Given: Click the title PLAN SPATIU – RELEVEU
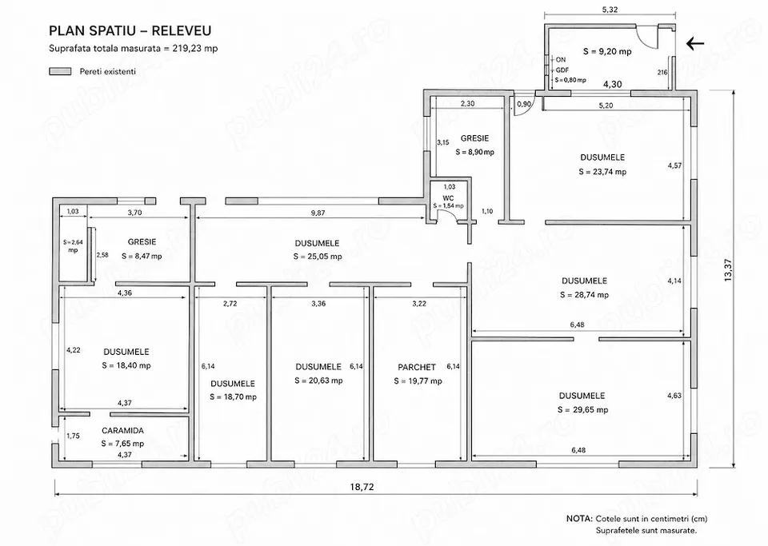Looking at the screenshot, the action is tap(130, 31).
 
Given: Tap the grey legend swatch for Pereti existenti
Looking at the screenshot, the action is tap(60, 71).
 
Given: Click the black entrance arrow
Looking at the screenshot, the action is tap(695, 44).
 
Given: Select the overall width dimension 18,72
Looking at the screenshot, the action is tap(362, 487).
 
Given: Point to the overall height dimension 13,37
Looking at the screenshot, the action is tap(728, 269).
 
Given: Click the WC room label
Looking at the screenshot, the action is tap(448, 198).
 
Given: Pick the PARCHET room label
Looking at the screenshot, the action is tap(417, 367).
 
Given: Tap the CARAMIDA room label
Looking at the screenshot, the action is tap(123, 431).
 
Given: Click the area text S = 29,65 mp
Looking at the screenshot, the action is tap(583, 410).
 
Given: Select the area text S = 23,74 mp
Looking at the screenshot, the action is tap(602, 172).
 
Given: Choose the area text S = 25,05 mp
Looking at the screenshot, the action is tap(318, 257).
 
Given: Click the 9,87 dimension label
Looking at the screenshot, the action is tap(318, 213).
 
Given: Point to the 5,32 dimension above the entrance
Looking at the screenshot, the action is tap(610, 10).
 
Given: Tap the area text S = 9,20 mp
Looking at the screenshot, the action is tap(607, 51).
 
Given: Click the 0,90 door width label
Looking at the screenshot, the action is tap(524, 104).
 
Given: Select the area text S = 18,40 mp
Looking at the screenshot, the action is tap(126, 365).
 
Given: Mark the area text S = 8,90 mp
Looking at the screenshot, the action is tap(475, 152).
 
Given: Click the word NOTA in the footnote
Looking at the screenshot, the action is tap(579, 519).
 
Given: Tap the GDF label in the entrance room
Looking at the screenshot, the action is tap(562, 70).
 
